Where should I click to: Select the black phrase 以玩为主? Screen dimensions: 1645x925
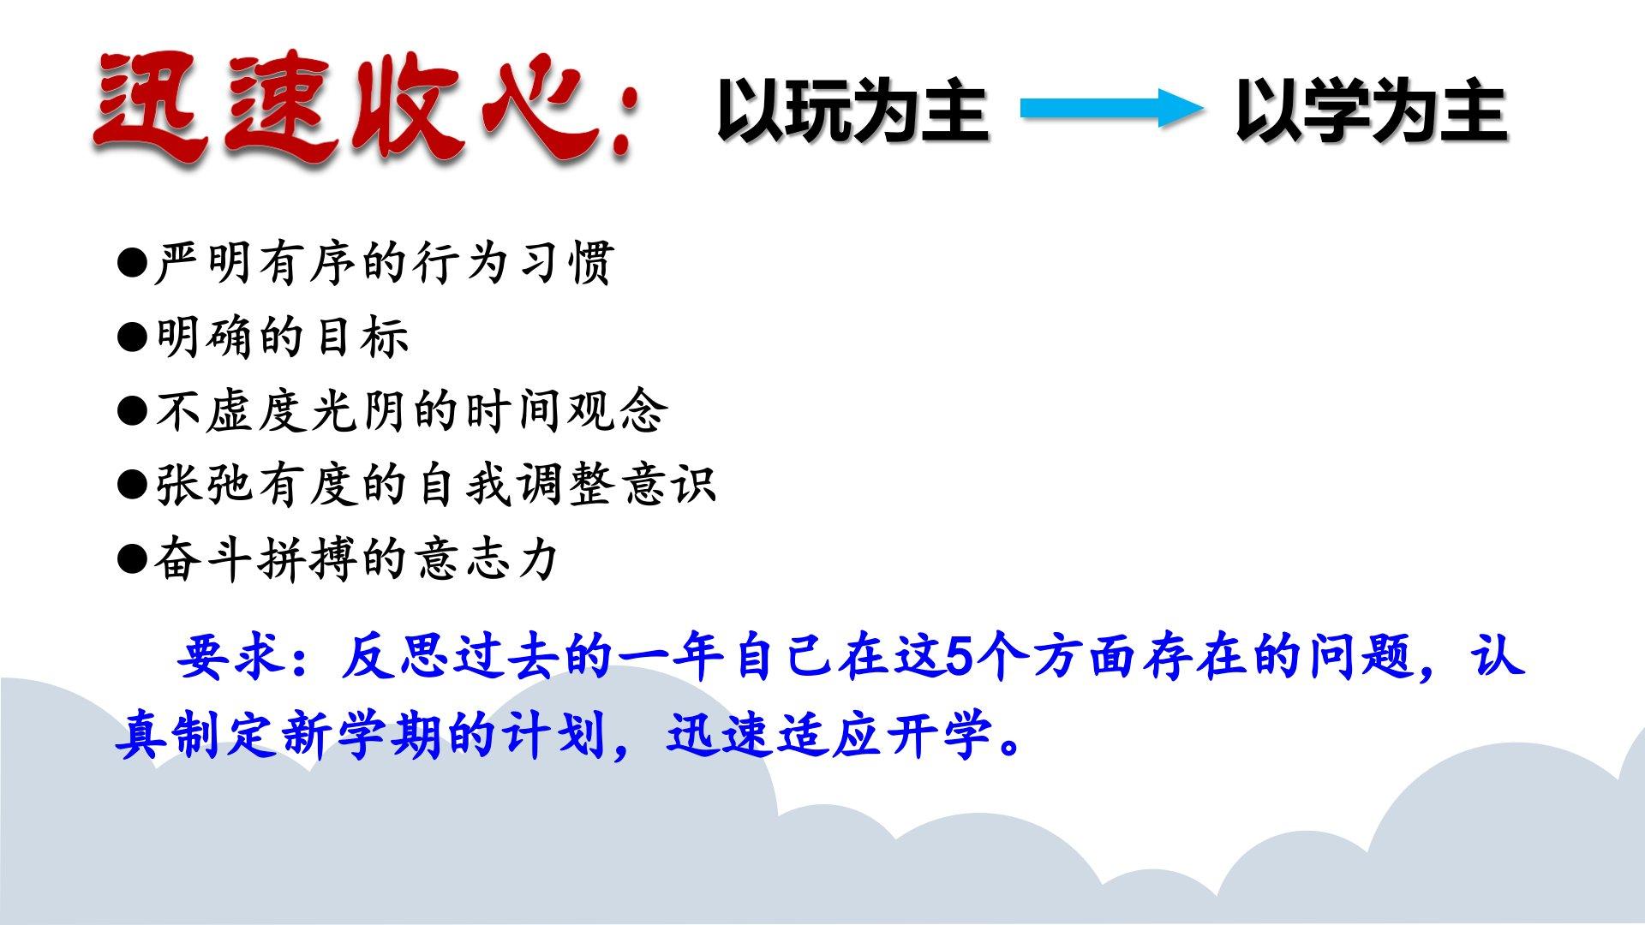[852, 110]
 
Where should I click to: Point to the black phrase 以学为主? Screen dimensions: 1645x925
[1371, 110]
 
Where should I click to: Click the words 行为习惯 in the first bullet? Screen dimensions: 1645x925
[513, 262]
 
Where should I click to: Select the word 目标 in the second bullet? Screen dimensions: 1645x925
[361, 337]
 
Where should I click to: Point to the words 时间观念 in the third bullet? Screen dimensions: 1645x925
[565, 411]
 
